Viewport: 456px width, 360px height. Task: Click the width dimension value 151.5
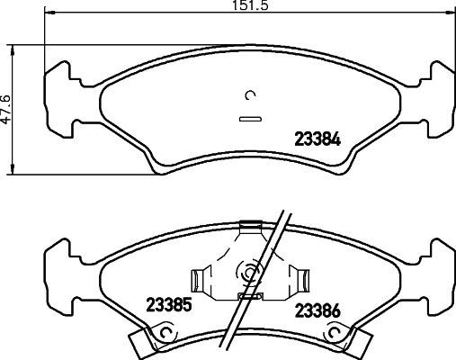pyautogui.click(x=235, y=5)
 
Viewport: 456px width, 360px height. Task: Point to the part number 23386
pyautogui.click(x=319, y=312)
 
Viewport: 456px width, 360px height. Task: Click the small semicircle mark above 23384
pyautogui.click(x=251, y=94)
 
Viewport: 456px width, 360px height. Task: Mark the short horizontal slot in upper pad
pyautogui.click(x=248, y=117)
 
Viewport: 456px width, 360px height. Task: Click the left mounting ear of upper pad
pyautogui.click(x=58, y=92)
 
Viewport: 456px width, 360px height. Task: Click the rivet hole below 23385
pyautogui.click(x=163, y=335)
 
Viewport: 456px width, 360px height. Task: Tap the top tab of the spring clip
pyautogui.click(x=249, y=230)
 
